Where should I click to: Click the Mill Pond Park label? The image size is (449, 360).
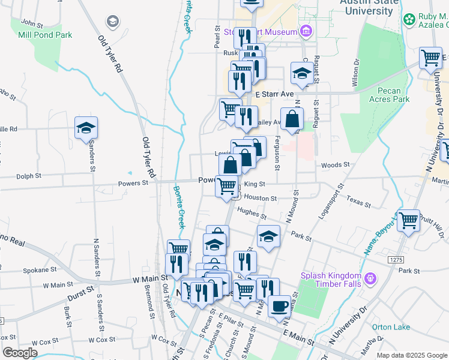[45, 35]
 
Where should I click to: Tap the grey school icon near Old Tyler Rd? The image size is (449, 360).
[112, 22]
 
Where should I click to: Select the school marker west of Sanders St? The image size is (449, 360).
[86, 128]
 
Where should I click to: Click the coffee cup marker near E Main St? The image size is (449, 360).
[279, 306]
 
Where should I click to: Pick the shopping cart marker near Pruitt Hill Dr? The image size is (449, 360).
[408, 220]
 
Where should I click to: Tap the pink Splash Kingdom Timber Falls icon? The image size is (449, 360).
[369, 278]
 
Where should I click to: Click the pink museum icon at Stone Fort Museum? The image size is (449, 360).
[306, 31]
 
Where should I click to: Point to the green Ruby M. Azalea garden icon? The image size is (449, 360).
[409, 19]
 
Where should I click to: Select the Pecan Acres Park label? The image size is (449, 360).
[393, 95]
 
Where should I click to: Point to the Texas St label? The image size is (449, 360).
[359, 202]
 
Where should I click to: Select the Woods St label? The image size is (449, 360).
[335, 165]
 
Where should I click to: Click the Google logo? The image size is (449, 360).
[20, 352]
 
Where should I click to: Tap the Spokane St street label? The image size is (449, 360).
[39, 271]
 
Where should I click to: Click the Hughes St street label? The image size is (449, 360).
[251, 212]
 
